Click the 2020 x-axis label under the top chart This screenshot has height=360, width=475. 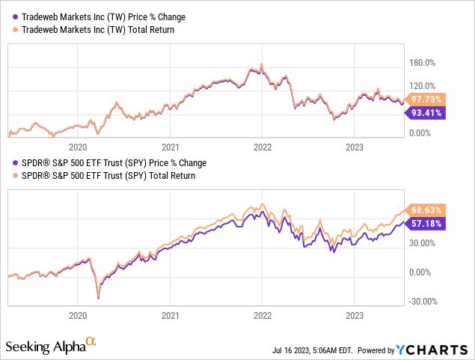(78, 147)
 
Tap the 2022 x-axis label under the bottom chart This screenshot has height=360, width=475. (262, 316)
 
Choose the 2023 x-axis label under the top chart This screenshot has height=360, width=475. (354, 147)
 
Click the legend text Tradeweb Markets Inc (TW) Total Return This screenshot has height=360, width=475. (94, 29)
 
